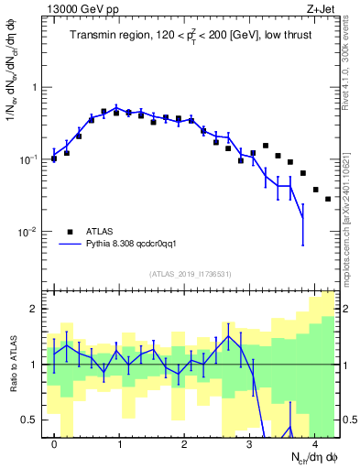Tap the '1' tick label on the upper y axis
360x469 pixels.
point(38,88)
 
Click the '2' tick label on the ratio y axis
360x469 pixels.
point(38,310)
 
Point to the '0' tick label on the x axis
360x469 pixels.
point(55,443)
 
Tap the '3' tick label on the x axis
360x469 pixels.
point(250,443)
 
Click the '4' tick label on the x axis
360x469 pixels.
point(315,443)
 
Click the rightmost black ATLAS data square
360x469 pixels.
point(328,198)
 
